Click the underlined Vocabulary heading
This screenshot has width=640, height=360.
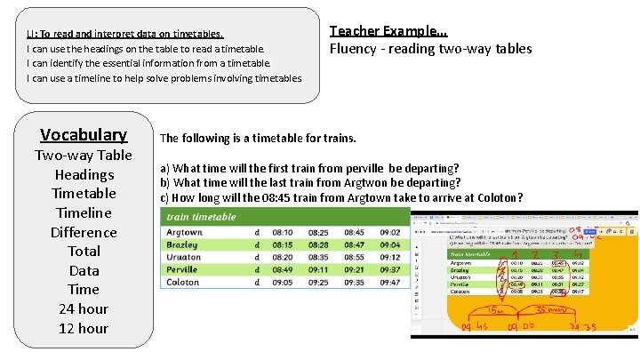[x=84, y=134]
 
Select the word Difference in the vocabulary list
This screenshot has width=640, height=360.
[x=84, y=232]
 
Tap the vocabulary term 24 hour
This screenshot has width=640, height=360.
[x=84, y=308]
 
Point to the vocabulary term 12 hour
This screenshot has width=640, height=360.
[x=84, y=328]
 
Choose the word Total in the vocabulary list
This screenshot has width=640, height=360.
[x=84, y=251]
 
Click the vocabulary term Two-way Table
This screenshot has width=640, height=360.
[x=84, y=156]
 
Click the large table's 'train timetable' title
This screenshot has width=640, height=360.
[x=202, y=216]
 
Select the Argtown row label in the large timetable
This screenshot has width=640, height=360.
[x=185, y=232]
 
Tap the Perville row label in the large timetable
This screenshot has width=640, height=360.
[x=183, y=268]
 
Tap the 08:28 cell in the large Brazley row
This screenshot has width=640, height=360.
[x=318, y=244]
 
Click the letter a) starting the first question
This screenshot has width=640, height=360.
[x=164, y=169]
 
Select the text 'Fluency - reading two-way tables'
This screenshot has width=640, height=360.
[x=430, y=49]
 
